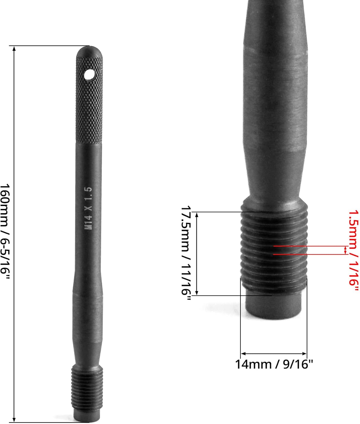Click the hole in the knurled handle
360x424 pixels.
tap(89, 74)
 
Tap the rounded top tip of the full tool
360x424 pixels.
tap(89, 47)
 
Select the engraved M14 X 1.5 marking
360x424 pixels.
tap(89, 208)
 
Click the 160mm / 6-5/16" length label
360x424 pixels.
tap(5, 232)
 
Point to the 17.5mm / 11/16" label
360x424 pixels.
tap(186, 253)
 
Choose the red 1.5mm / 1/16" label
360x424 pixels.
tap(353, 250)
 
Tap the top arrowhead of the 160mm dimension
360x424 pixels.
tap(14, 48)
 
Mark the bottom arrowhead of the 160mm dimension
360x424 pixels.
tap(14, 419)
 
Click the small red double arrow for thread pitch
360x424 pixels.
tap(345, 250)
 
